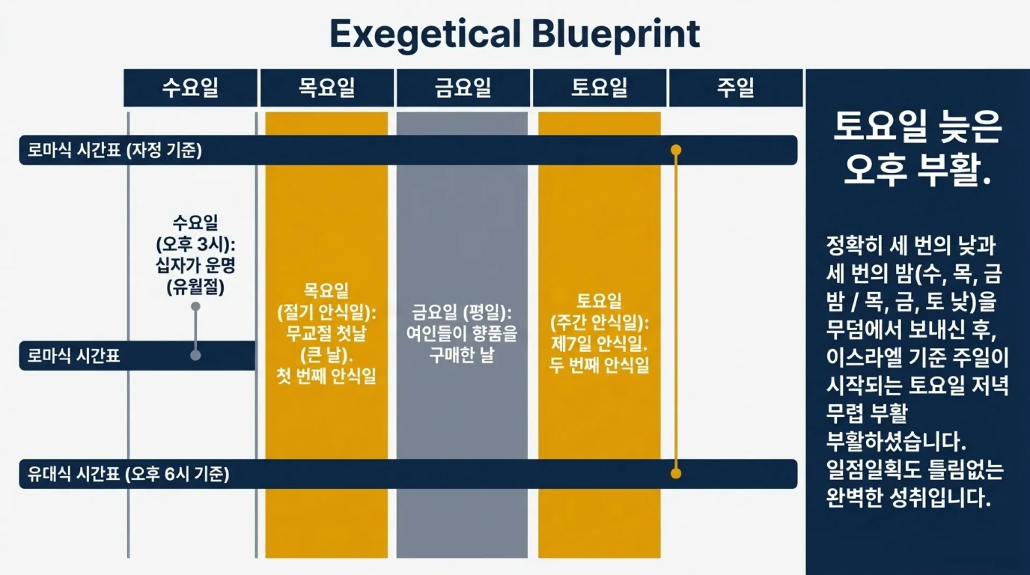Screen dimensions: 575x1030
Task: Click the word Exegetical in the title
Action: pos(425,34)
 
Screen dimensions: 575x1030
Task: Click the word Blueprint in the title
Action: pos(615,34)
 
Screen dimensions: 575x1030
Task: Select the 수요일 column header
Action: pos(190,88)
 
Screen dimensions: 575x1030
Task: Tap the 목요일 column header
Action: pos(327,88)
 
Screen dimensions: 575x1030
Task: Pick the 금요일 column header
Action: pos(463,88)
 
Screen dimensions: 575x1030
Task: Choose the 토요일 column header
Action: pos(599,88)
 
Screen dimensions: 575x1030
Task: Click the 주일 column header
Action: pos(735,88)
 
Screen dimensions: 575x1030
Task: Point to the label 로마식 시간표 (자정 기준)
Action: pos(115,150)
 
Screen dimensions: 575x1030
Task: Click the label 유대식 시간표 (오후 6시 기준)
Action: pos(129,474)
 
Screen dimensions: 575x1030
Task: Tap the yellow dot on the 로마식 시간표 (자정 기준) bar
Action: pos(676,150)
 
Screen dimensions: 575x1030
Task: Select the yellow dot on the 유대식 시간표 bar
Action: pos(676,473)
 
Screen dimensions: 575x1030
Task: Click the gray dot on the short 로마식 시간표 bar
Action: pos(196,355)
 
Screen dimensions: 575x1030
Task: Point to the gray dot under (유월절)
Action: pos(196,307)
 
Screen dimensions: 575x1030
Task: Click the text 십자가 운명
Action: pos(196,265)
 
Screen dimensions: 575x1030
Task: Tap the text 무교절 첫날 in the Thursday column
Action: pos(326,333)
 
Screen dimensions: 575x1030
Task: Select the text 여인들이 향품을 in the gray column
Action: pos(462,333)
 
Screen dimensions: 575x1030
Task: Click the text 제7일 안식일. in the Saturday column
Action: pos(599,343)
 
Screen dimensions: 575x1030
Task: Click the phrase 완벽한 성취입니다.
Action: pos(908,498)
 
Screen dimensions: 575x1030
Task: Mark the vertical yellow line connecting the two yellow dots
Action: pos(676,311)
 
